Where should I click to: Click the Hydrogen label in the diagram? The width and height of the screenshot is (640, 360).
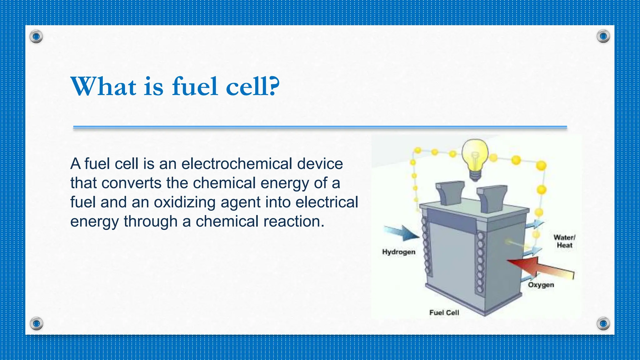399,252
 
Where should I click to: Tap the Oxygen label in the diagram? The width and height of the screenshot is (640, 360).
541,285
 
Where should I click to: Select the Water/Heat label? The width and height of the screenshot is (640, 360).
564,241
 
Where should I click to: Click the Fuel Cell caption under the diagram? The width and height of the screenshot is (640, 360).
444,312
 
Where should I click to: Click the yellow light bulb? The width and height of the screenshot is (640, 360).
475,158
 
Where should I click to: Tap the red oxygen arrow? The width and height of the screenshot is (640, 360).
541,267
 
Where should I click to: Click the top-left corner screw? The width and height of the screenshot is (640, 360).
36,37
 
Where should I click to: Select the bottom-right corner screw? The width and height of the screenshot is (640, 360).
603,323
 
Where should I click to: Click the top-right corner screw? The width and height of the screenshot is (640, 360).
603,37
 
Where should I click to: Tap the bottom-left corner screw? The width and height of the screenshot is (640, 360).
36,323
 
